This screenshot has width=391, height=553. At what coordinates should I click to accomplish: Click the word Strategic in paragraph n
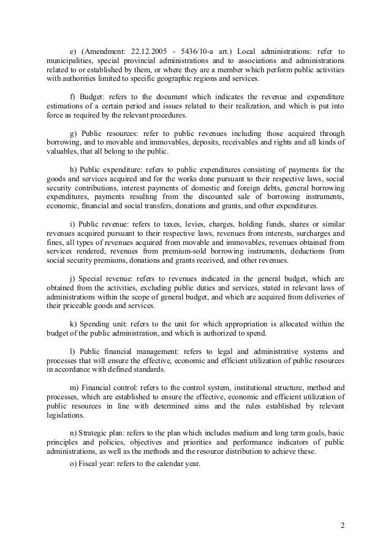point(96,431)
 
